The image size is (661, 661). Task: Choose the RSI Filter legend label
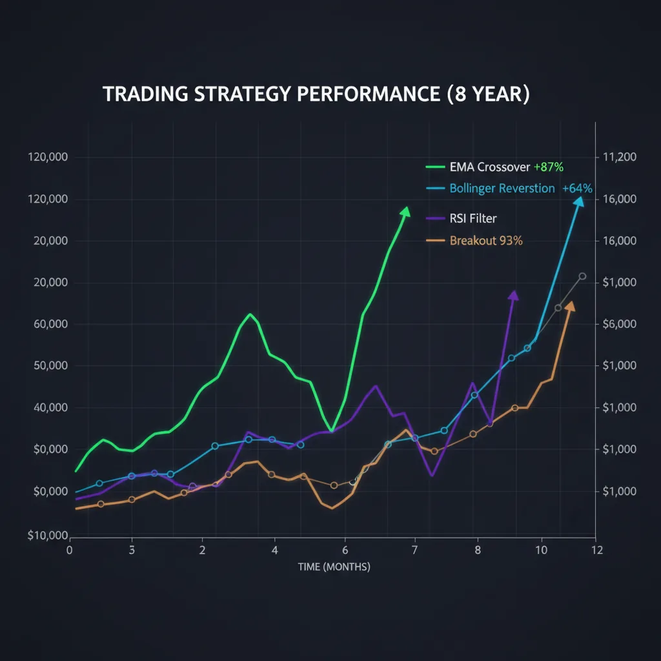click(473, 219)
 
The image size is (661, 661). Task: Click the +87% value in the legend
click(549, 167)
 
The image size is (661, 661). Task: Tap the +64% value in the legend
click(577, 188)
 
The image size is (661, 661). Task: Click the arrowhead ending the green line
click(405, 212)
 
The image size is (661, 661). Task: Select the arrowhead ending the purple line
click(514, 295)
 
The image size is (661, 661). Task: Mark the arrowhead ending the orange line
click(569, 305)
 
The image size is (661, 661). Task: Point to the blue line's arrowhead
click(579, 202)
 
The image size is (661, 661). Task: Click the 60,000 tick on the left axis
click(50, 324)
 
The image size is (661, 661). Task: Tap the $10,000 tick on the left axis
click(48, 535)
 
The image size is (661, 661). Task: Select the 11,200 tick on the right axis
click(619, 158)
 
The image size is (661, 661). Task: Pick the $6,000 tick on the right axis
click(619, 324)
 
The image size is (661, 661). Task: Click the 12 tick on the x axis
click(596, 550)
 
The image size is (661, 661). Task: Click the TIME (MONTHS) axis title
click(334, 567)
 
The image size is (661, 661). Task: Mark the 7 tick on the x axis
click(415, 550)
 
